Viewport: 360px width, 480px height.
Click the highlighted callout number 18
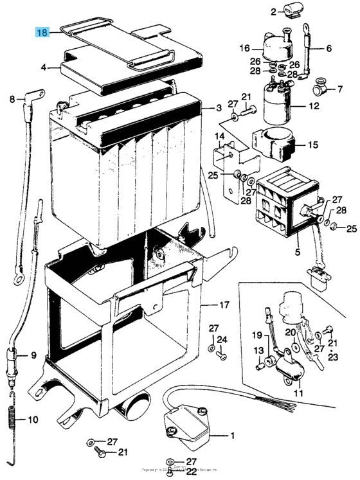pos(42,32)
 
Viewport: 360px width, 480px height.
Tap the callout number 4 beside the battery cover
pos(44,67)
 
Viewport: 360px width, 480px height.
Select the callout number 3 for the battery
pos(219,107)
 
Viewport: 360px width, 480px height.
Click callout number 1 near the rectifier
pos(232,436)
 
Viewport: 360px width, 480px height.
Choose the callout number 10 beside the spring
pos(33,421)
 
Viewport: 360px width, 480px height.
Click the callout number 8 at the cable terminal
pos(12,99)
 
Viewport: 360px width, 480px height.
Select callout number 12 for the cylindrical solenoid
pos(314,105)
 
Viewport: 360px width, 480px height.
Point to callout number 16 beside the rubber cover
pos(243,48)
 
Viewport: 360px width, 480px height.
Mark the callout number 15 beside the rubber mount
pos(312,145)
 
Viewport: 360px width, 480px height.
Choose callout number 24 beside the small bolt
pos(222,339)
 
